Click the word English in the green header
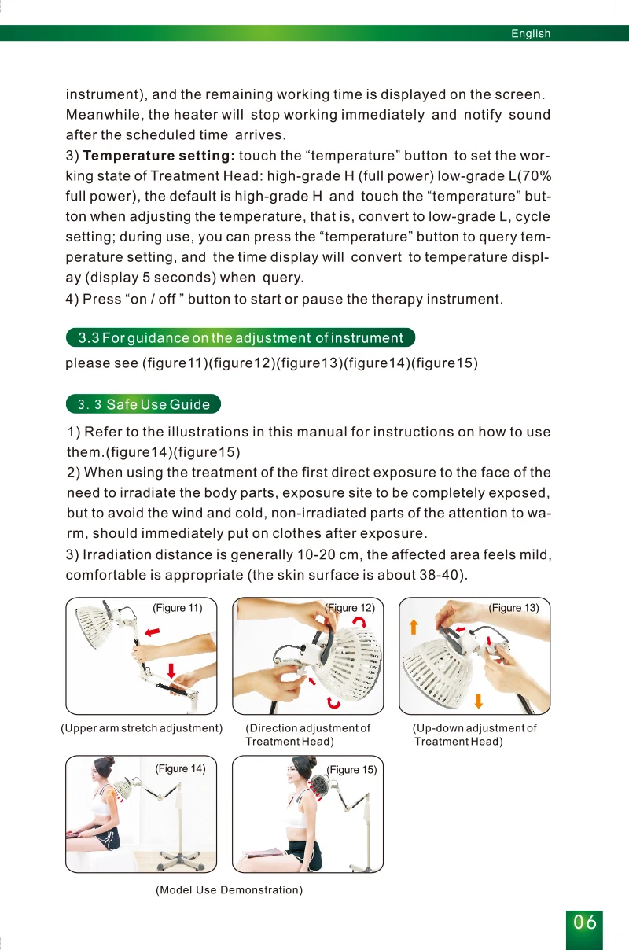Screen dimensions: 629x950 pyautogui.click(x=531, y=34)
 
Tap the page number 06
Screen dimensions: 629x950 pyautogui.click(x=584, y=922)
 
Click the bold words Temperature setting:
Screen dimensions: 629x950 pyautogui.click(x=159, y=156)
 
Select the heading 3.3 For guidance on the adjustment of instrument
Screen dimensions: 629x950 pyautogui.click(x=241, y=337)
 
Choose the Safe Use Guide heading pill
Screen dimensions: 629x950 pyautogui.click(x=143, y=403)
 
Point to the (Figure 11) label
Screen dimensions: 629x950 pyautogui.click(x=177, y=608)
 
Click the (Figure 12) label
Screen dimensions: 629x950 pyautogui.click(x=350, y=608)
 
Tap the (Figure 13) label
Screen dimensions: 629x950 pyautogui.click(x=513, y=608)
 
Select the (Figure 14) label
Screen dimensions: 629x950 pyautogui.click(x=180, y=768)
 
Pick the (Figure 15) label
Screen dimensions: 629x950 pyautogui.click(x=351, y=769)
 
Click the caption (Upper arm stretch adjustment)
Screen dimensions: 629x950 pyautogui.click(x=142, y=728)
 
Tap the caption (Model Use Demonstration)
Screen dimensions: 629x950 pyautogui.click(x=229, y=889)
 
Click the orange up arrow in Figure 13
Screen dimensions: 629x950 pyautogui.click(x=414, y=627)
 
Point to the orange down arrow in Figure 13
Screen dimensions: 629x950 pyautogui.click(x=478, y=701)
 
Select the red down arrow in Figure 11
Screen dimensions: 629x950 pyautogui.click(x=171, y=671)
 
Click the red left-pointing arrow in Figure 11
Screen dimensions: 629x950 pyautogui.click(x=153, y=632)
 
